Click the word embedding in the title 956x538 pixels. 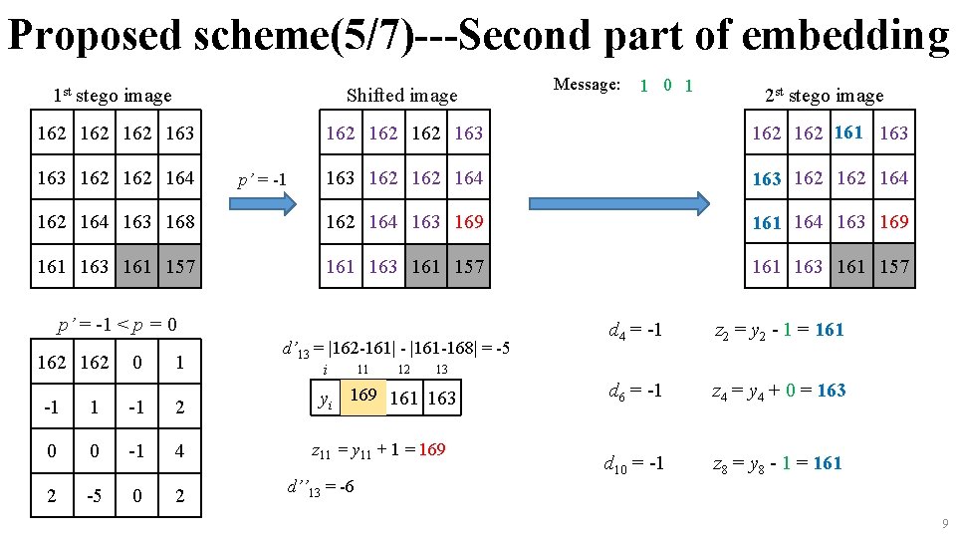coord(844,36)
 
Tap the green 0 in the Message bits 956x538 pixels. coord(667,86)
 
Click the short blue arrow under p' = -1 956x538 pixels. coord(263,203)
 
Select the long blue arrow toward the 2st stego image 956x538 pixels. coord(618,203)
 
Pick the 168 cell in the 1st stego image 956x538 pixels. coord(180,221)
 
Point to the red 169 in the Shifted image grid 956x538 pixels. coord(469,221)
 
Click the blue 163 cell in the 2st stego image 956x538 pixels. coord(767,177)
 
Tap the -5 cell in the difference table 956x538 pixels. coord(95,495)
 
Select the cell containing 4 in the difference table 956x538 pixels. coord(180,450)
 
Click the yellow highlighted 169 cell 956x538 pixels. coord(363,398)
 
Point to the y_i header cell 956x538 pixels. coord(326,398)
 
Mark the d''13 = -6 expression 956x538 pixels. coord(321,488)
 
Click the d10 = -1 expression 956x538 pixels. coord(633,464)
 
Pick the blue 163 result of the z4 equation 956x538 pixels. coord(832,391)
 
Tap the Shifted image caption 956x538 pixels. coord(401,96)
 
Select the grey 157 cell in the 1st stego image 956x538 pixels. coord(180,266)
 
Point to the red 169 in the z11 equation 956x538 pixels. coord(432,449)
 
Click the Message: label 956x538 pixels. coord(587,84)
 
